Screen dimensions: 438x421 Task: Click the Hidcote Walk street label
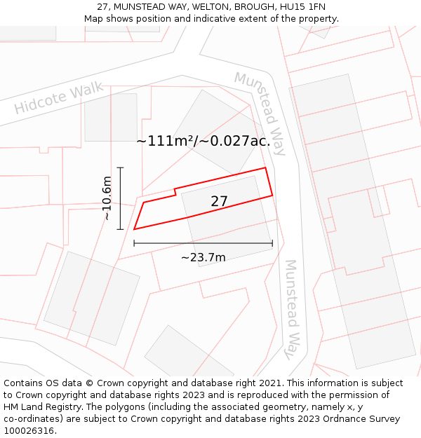tap(59, 98)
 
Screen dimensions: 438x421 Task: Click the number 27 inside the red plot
tap(220, 201)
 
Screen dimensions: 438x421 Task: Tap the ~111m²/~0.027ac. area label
tap(203, 141)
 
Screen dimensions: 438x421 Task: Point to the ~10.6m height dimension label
tap(106, 198)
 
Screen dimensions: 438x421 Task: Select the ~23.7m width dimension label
tap(203, 257)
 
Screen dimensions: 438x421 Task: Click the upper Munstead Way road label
tap(260, 113)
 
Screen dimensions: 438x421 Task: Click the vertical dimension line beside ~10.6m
tap(121, 198)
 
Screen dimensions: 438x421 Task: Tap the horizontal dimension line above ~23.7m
tap(203, 243)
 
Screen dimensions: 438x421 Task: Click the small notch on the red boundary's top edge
tap(175, 191)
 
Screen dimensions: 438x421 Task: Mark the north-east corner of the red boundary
tap(265, 168)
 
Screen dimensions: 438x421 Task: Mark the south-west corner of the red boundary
tap(134, 229)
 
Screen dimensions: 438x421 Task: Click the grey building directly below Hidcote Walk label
tap(111, 117)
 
